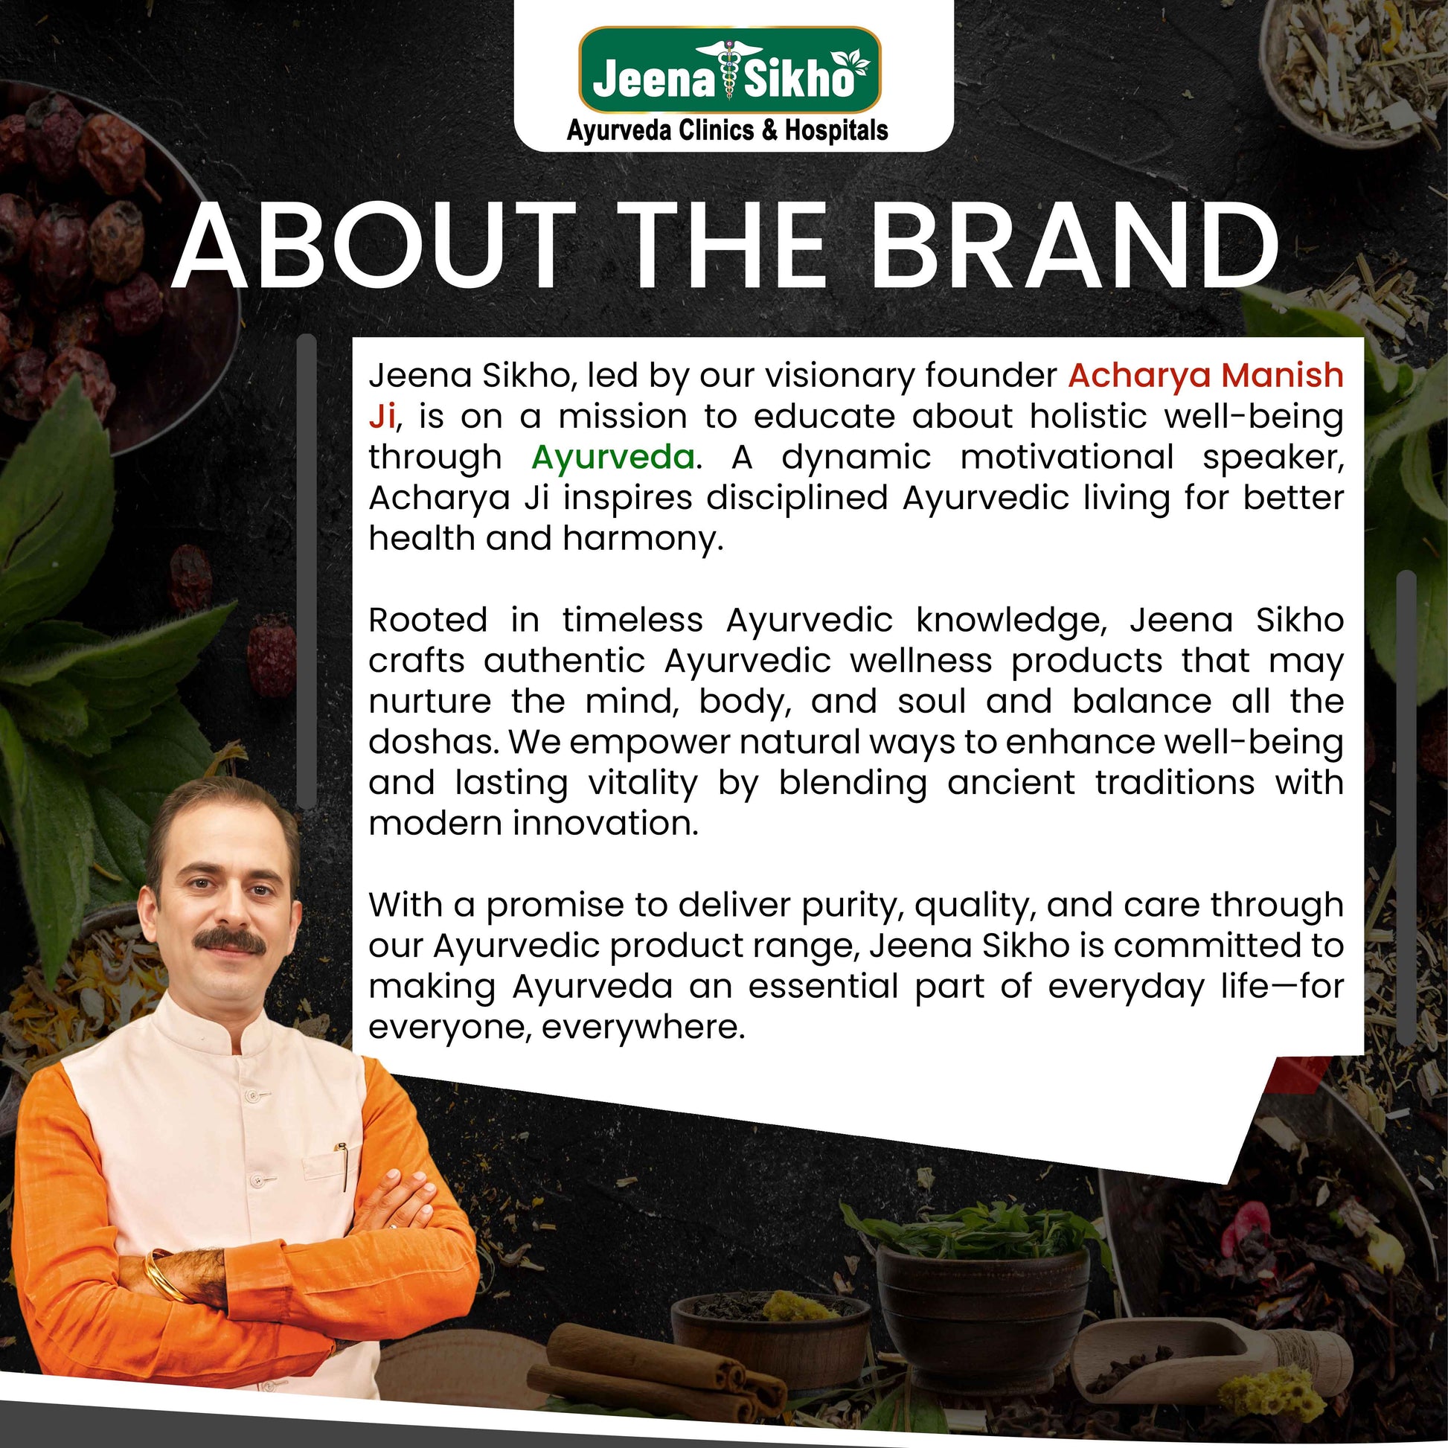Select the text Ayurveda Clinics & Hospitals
coord(727,131)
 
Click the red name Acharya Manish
coord(1205,375)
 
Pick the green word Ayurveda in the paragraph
coord(613,457)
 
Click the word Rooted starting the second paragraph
coord(428,620)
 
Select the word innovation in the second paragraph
coord(606,823)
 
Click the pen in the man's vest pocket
coord(343,1166)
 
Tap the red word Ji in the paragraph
coord(382,417)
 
